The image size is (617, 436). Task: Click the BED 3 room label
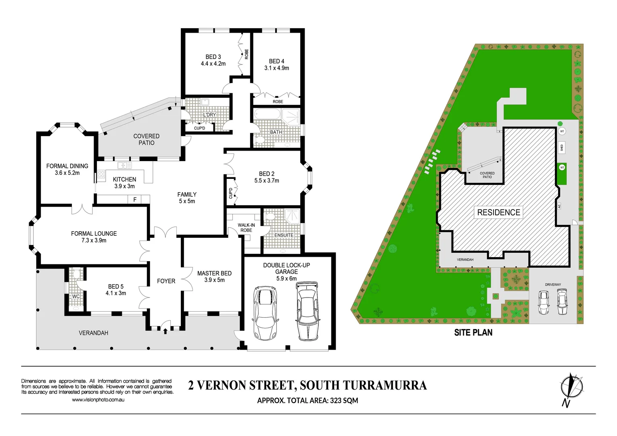click(x=213, y=57)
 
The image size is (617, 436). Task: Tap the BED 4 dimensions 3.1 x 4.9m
click(x=276, y=68)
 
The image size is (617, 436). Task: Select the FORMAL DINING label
click(x=67, y=166)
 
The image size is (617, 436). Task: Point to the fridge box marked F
click(x=135, y=199)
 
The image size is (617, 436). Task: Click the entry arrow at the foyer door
click(x=165, y=331)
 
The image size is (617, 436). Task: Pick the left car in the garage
click(x=265, y=313)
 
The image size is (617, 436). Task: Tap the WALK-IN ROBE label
click(x=246, y=228)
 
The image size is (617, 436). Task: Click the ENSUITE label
click(x=284, y=235)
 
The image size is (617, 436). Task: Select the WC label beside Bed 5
click(x=76, y=296)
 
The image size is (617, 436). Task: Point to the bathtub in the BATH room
click(x=267, y=115)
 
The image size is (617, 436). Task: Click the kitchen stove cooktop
click(x=101, y=175)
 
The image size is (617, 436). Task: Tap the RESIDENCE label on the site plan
click(x=498, y=212)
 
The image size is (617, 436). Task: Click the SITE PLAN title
click(x=473, y=333)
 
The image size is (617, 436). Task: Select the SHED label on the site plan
click(x=561, y=148)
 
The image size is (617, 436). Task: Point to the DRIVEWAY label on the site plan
click(x=553, y=285)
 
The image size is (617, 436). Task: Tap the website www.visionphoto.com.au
click(x=98, y=400)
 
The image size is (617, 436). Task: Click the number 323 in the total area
click(x=337, y=400)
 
